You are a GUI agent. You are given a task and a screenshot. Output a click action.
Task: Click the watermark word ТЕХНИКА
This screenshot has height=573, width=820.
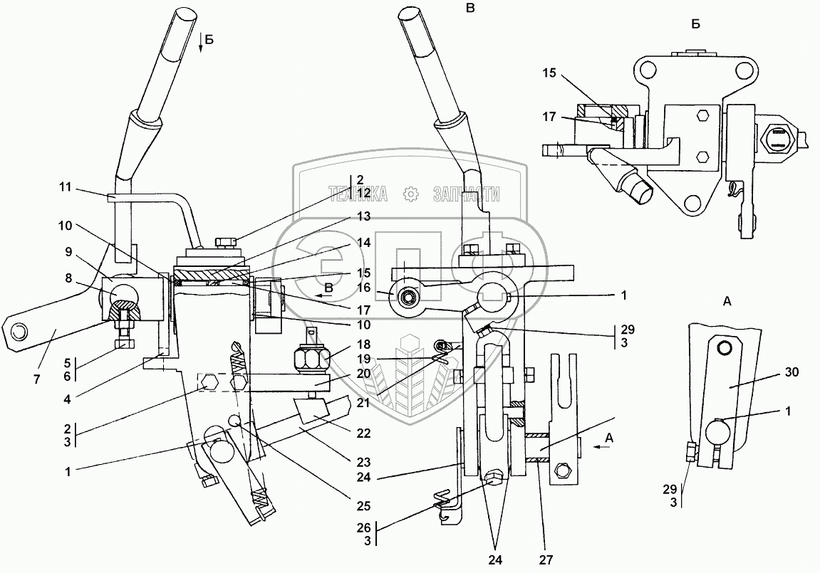(358, 194)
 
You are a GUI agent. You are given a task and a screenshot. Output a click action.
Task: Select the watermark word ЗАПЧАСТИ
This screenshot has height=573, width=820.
(465, 194)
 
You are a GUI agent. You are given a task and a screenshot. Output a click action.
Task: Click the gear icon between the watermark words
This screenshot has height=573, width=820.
(410, 194)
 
